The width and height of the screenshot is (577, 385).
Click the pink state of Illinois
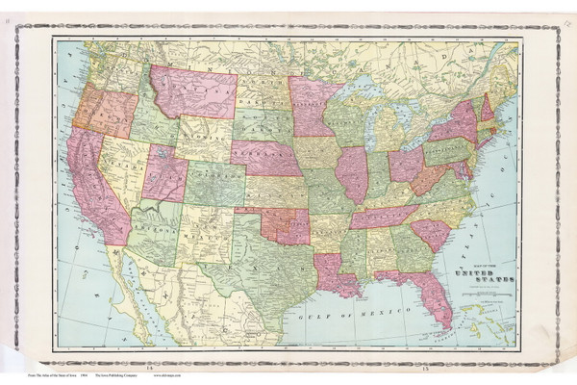tap(352, 173)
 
